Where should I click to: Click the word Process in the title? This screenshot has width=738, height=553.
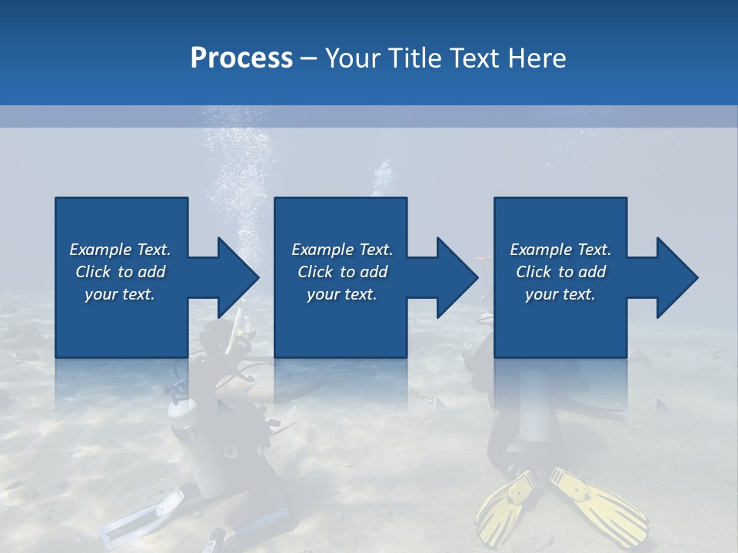[x=241, y=58]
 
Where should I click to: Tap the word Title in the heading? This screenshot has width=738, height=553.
[x=415, y=58]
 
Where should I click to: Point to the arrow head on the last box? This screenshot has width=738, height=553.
[x=676, y=277]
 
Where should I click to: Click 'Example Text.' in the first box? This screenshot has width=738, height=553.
[x=120, y=250]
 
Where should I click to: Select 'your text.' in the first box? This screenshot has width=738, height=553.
[x=120, y=294]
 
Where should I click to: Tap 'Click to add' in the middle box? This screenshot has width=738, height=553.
[x=342, y=272]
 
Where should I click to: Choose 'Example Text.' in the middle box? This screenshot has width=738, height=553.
[x=342, y=250]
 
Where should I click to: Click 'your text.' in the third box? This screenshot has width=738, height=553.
[x=560, y=294]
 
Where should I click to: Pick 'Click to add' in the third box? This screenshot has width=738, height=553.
[x=560, y=272]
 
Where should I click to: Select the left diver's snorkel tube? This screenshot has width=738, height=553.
[x=235, y=326]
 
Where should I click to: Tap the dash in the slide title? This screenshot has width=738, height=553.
[x=308, y=58]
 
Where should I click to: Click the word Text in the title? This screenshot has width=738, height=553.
[x=477, y=58]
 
